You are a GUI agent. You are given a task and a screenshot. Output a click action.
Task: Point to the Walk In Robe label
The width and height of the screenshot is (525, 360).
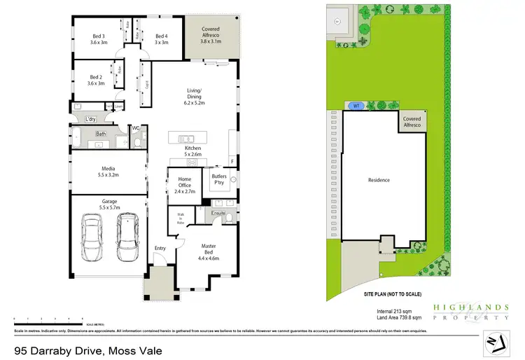[180, 218]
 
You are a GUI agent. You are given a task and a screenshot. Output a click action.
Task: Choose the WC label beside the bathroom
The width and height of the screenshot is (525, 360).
[137, 128]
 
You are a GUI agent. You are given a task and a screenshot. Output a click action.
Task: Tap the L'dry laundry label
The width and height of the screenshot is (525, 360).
[90, 119]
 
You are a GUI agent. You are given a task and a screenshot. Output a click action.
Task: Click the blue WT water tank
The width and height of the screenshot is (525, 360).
[356, 106]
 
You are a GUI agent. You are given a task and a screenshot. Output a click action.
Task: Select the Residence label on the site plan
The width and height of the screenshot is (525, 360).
[379, 180]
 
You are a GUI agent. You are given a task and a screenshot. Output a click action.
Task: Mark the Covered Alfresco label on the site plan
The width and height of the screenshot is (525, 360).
[412, 123]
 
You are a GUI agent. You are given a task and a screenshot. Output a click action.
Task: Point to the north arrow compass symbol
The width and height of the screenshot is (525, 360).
[496, 342]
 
